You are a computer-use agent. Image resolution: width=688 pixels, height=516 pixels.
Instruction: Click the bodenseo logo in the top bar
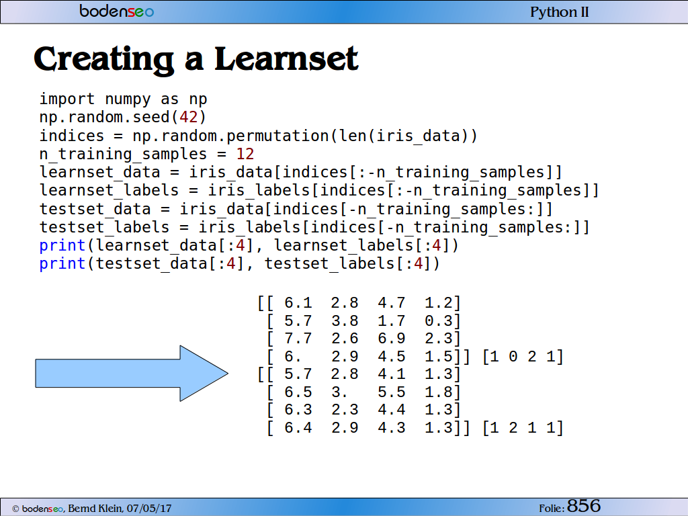(x=117, y=11)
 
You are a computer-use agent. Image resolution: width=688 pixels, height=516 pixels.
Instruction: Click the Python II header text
(x=560, y=12)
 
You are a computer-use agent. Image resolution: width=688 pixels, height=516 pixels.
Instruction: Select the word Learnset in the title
(x=286, y=59)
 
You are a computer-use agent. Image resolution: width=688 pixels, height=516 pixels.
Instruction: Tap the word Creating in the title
(x=104, y=60)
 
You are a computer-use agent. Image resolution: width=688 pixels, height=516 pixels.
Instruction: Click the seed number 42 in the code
(x=189, y=117)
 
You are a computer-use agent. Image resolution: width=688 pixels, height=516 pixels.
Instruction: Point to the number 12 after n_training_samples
(x=245, y=154)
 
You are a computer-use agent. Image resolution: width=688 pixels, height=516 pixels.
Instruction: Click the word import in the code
(x=67, y=99)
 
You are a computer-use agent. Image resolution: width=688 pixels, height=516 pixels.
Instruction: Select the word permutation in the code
(x=277, y=136)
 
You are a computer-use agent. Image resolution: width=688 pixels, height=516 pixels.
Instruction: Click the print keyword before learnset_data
(x=62, y=246)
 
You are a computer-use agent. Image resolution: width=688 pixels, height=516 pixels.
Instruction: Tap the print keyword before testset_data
(x=62, y=263)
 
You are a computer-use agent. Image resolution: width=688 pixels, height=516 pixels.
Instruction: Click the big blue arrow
(x=132, y=374)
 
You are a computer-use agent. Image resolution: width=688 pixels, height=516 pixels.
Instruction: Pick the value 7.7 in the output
(x=298, y=339)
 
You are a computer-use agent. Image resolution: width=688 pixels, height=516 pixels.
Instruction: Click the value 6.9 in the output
(x=392, y=339)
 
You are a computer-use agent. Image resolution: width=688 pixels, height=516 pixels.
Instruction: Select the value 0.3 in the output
(x=438, y=320)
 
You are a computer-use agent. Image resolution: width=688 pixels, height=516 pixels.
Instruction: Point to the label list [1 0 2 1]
(x=523, y=357)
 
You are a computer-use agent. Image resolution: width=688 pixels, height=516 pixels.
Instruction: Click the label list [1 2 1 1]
(x=523, y=428)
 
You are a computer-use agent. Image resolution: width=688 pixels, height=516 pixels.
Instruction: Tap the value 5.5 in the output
(x=392, y=392)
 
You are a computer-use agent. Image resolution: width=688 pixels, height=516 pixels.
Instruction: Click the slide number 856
(x=584, y=506)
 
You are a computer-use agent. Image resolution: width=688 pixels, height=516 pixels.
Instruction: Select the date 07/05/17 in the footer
(x=149, y=509)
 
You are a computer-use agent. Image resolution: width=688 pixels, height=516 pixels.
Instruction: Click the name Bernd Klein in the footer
(x=95, y=509)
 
